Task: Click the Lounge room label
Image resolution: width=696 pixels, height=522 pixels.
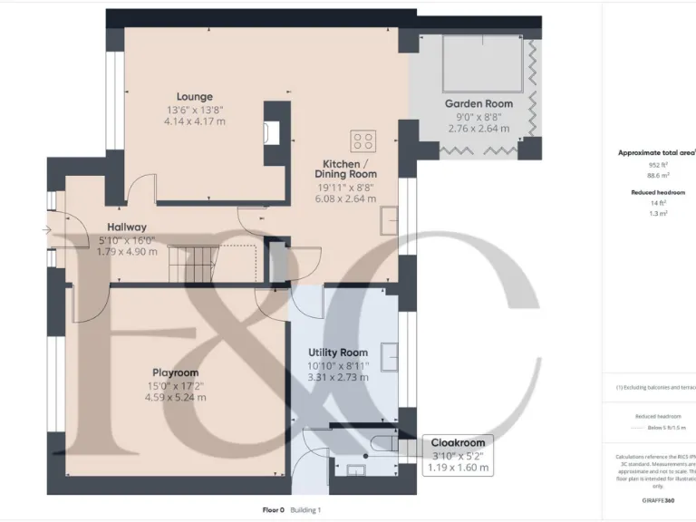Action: tap(195, 97)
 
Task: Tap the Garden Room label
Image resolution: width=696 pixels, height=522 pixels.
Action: tap(478, 104)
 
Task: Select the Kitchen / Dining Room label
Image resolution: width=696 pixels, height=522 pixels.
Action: tap(345, 168)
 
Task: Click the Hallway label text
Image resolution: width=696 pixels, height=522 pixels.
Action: tap(127, 227)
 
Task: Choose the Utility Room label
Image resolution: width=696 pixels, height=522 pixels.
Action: tap(338, 352)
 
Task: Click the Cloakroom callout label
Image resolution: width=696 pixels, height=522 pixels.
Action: tap(459, 442)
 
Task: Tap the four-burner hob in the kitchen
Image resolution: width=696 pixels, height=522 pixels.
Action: tap(363, 141)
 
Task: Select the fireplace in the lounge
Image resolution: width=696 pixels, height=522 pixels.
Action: tap(271, 132)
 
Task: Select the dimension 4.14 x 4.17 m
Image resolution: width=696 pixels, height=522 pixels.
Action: tap(195, 121)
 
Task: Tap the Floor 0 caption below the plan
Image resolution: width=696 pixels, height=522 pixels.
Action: tap(273, 510)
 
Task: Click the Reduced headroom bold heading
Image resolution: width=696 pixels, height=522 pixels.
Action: tap(657, 192)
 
